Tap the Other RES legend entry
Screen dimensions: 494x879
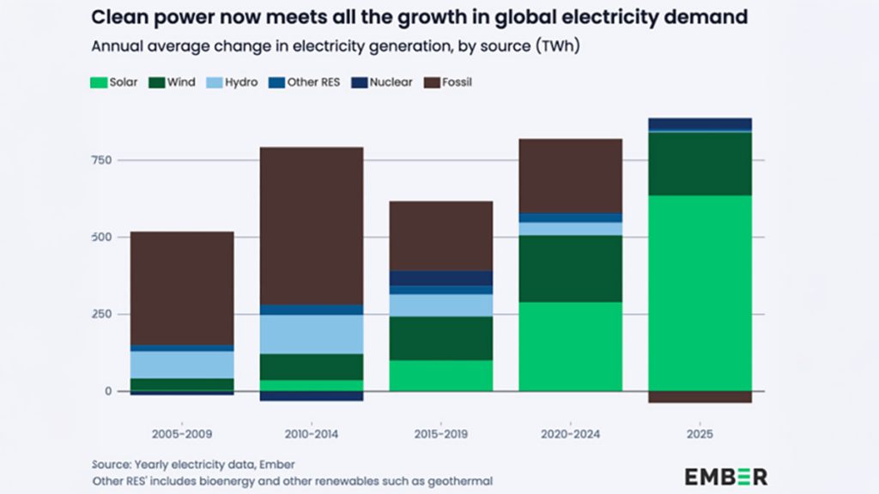(300, 82)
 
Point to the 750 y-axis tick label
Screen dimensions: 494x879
(103, 160)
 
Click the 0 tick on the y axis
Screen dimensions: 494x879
(108, 391)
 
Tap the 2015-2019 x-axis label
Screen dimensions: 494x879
(440, 435)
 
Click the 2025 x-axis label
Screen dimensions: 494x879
(700, 435)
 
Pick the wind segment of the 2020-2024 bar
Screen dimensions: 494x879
(570, 268)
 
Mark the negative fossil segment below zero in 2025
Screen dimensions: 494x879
(700, 397)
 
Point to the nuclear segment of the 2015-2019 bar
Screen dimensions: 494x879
(440, 278)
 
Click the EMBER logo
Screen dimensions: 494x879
(725, 476)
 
